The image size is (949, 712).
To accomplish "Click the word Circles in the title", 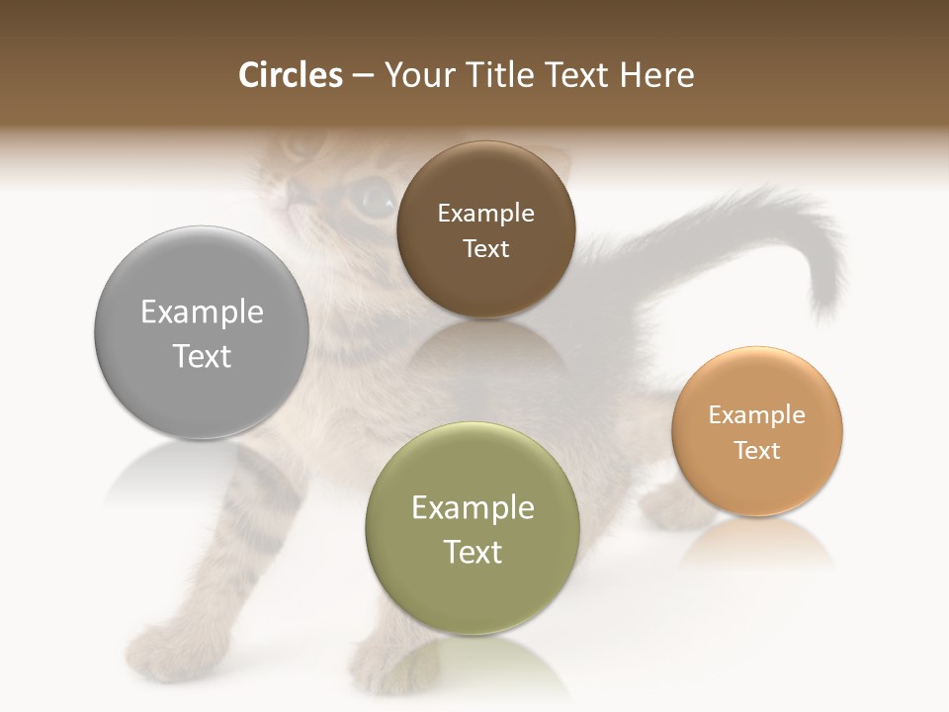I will (290, 75).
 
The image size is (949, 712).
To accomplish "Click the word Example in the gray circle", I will (202, 312).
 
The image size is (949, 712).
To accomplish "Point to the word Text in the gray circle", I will (202, 356).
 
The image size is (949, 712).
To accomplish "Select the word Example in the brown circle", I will (485, 214).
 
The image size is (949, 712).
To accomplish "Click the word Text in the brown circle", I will (485, 249).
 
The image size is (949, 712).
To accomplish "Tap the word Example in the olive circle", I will (473, 508).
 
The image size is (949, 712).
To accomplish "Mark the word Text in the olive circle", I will (473, 552).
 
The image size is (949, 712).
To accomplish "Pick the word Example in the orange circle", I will (757, 415).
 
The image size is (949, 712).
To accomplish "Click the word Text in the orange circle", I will (757, 451).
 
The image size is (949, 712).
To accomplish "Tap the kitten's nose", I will (294, 193).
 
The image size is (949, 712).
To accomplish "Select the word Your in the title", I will (416, 75).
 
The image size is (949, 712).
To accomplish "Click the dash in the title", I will (362, 76).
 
